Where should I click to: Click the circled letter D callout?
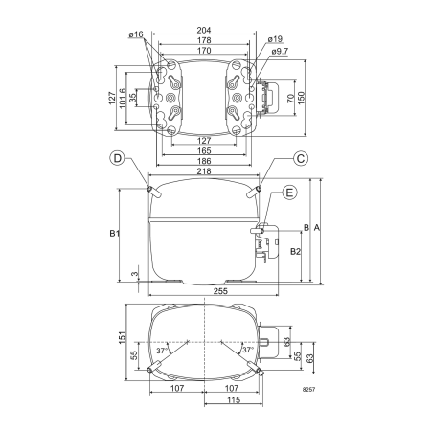(118, 158)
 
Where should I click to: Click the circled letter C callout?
(301, 158)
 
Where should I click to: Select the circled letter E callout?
(289, 193)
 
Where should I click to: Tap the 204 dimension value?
(204, 30)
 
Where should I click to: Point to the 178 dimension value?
(204, 40)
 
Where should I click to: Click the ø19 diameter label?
(275, 39)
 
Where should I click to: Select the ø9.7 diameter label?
(280, 51)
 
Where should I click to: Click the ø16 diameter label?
(136, 34)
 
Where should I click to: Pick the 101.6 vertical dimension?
(123, 99)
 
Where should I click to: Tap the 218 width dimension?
(204, 171)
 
